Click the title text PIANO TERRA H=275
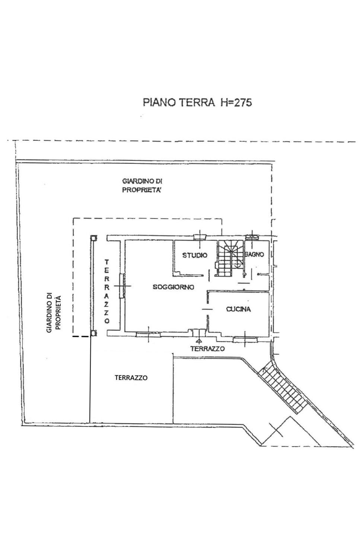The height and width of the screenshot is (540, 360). [197, 102]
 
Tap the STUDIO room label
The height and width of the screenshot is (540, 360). [195, 255]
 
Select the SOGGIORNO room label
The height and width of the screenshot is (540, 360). [173, 287]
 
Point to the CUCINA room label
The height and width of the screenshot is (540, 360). [238, 309]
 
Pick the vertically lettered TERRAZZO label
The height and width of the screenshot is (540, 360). [107, 291]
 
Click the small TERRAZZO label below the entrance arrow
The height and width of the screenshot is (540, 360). [207, 349]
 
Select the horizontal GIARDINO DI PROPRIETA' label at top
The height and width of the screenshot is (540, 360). [142, 185]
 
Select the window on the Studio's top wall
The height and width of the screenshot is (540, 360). [200, 237]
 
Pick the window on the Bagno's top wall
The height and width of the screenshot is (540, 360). [252, 237]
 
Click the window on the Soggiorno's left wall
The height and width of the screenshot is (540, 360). [122, 286]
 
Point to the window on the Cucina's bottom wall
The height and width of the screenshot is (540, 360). [245, 340]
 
